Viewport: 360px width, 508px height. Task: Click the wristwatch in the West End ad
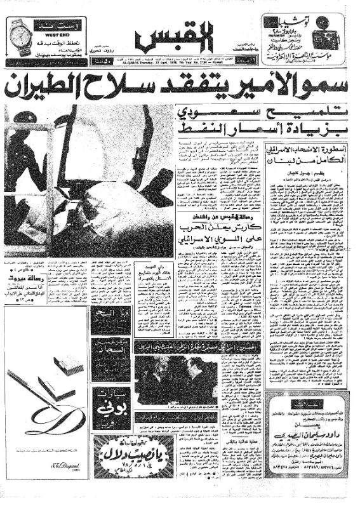[x=20, y=37]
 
